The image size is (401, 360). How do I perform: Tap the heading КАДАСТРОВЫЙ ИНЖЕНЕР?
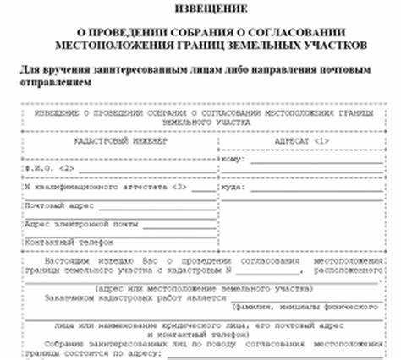point(121,141)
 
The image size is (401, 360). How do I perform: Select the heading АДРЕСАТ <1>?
point(301,141)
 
